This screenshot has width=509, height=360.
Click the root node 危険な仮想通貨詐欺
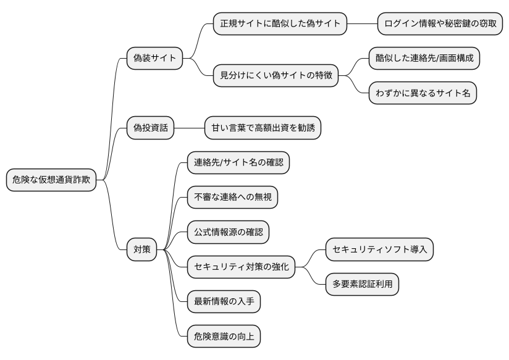[x=51, y=180]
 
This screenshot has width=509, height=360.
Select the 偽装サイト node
[x=154, y=59]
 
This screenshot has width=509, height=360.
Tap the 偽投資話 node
[x=149, y=128]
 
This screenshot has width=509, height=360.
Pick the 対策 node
[x=141, y=250]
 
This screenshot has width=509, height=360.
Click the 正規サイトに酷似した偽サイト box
[x=280, y=23]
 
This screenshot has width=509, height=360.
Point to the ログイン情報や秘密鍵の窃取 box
[x=440, y=23]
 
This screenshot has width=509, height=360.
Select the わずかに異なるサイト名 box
[x=423, y=93]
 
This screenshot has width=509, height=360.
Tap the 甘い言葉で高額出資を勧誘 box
[x=263, y=128]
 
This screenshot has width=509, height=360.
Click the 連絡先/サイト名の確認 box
[x=238, y=163]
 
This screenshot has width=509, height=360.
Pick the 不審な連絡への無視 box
[x=232, y=198]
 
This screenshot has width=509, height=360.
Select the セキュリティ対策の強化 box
[x=241, y=267]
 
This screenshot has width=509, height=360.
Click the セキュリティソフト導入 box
[x=380, y=249]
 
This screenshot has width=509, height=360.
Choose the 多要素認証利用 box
[x=363, y=285]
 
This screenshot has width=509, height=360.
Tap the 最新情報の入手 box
[x=224, y=302]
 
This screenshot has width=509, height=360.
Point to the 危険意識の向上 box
[x=224, y=337]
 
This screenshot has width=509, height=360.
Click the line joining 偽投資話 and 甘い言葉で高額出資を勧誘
[x=189, y=128]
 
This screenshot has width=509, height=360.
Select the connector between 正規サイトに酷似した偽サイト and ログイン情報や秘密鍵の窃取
[x=362, y=23]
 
